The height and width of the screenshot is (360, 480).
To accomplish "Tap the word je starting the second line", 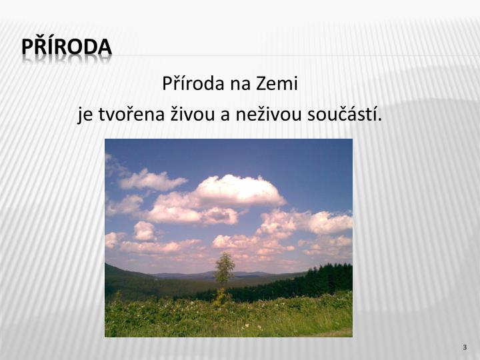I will coord(85,115).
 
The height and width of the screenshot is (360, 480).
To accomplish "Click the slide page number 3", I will coord(464,349).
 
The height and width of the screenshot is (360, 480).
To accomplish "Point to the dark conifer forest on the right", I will coord(320,280).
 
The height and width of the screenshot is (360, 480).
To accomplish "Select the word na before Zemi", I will coord(238,85).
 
